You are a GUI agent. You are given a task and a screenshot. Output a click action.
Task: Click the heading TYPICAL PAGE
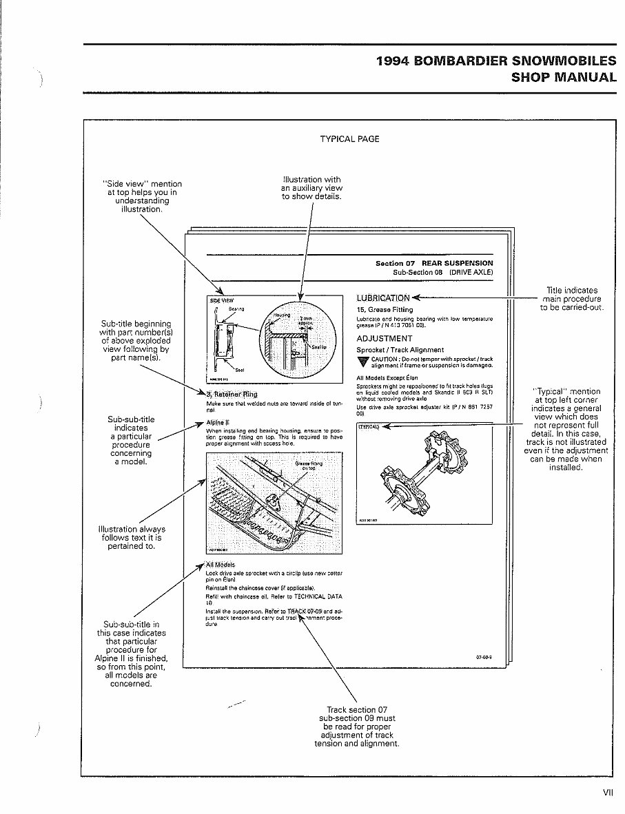(x=349, y=139)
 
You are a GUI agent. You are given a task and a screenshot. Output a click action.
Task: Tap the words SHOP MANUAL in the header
(x=564, y=77)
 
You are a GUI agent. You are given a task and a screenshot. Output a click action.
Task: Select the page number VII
(x=607, y=793)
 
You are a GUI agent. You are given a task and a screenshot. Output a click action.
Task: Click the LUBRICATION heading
(x=383, y=298)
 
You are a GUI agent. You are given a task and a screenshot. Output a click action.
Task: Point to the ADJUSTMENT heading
(x=384, y=339)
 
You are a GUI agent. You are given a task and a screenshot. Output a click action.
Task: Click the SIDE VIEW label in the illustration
(x=221, y=300)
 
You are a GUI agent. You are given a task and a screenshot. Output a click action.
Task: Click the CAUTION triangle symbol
(x=362, y=362)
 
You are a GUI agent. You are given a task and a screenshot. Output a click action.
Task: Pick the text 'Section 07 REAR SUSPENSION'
(x=434, y=263)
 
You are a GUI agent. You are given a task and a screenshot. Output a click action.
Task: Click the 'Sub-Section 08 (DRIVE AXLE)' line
(x=442, y=272)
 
